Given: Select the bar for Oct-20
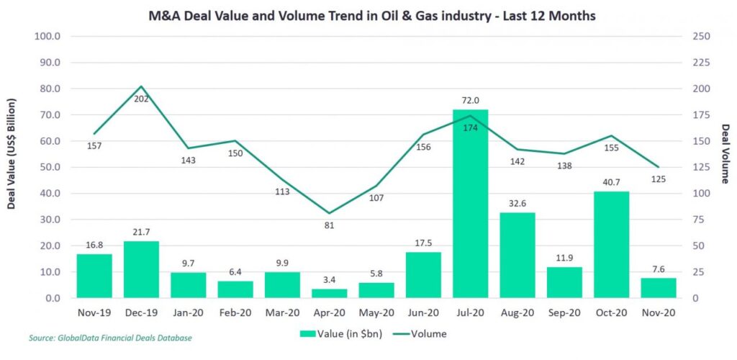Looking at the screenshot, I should click(612, 245).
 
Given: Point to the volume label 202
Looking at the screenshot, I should click(141, 99).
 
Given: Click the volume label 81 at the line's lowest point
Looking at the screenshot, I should click(329, 225).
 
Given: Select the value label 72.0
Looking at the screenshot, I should click(471, 101).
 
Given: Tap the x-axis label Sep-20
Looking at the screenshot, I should click(564, 312).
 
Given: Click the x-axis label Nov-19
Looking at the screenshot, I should click(94, 312).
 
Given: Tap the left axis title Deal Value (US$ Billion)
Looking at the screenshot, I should click(12, 167).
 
